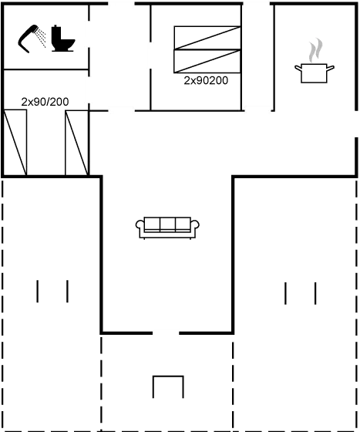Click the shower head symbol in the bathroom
point(32,39)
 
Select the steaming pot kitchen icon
point(314,66)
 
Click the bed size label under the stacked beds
point(207,79)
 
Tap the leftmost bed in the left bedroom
point(16,143)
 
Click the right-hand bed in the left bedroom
point(76,143)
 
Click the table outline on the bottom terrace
point(167,386)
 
